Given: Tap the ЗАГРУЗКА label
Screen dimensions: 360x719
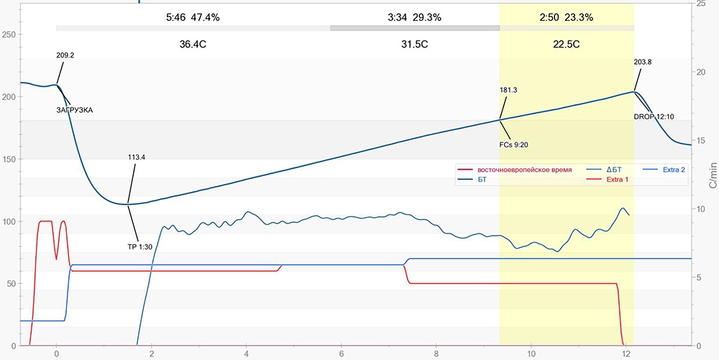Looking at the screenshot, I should [x=75, y=110].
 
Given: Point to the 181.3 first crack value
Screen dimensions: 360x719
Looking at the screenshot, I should [x=508, y=90].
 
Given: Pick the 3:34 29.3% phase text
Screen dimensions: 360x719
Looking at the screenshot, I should [x=414, y=17].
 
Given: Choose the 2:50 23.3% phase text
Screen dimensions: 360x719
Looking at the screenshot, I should [x=567, y=17].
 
